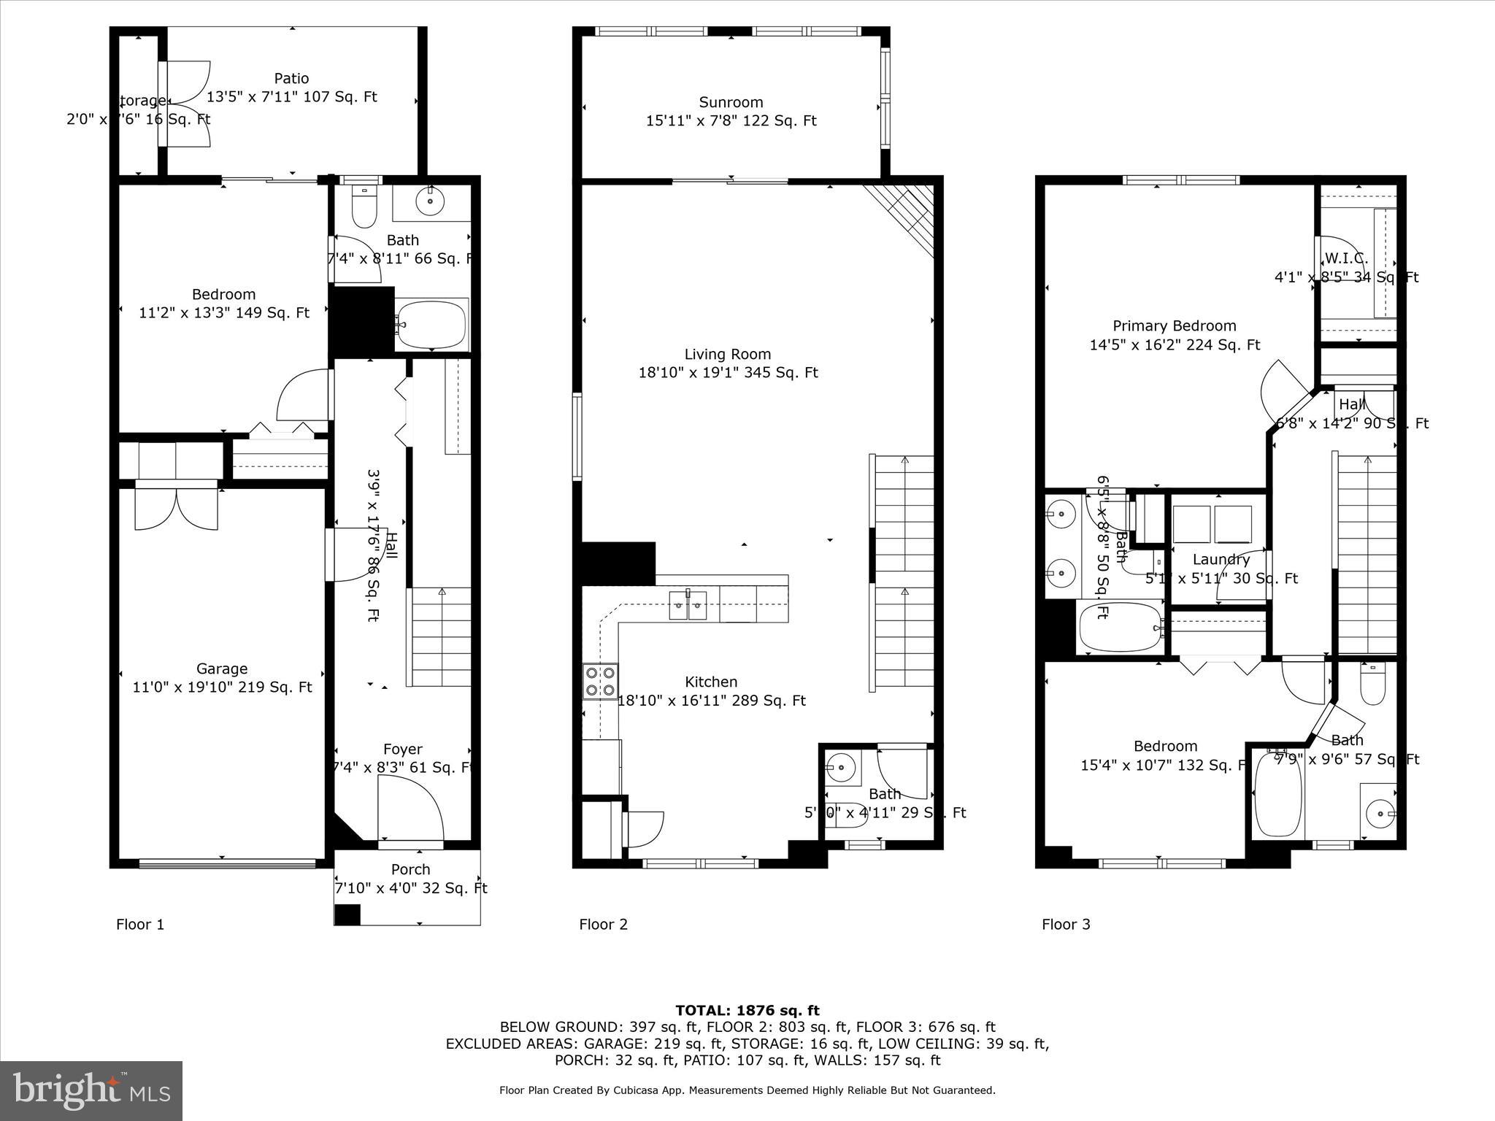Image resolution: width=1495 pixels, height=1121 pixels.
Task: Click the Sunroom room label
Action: point(731,103)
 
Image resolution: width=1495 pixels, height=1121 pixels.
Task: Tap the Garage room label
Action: point(221,669)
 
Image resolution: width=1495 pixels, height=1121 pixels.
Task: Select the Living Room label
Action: point(727,355)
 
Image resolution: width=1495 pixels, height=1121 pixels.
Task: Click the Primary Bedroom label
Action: point(1174,326)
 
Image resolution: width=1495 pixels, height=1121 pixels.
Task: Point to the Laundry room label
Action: point(1221,560)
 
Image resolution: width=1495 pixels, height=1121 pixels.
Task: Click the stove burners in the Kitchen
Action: point(600,681)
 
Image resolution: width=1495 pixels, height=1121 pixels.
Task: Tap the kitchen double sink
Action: point(688,605)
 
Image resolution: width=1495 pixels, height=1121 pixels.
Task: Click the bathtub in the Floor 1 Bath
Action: point(431,325)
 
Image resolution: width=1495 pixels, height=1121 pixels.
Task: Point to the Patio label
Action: point(291,78)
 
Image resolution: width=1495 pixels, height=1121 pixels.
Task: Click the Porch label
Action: point(410,870)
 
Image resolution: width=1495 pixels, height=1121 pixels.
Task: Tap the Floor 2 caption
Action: point(603,925)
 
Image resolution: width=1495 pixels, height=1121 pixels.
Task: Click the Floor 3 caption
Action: point(1066,925)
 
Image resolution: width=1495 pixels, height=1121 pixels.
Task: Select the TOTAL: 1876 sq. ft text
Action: point(747,1011)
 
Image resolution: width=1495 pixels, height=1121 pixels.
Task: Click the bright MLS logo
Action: point(91,1091)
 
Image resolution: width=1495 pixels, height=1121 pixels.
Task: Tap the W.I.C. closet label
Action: point(1345,258)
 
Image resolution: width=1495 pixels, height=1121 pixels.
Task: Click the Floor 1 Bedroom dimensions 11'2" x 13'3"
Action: point(223,313)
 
